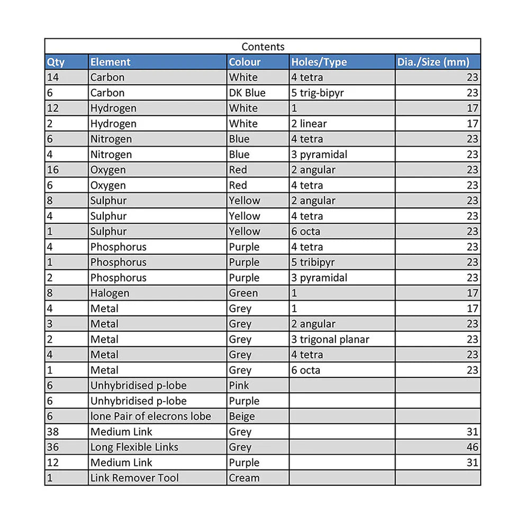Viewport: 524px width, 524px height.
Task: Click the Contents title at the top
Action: point(263,47)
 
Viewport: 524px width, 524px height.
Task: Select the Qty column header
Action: point(56,62)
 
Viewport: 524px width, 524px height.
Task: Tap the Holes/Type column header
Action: point(319,62)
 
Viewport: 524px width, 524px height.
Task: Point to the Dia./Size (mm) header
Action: point(433,62)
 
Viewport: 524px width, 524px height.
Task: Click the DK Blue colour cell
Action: point(247,93)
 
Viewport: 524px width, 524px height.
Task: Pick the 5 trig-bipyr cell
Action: point(318,93)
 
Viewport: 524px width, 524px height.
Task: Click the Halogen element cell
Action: point(110,293)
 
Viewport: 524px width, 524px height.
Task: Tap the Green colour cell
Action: point(243,293)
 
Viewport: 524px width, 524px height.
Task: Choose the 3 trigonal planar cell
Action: point(330,339)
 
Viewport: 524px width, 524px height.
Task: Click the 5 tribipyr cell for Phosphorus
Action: point(313,262)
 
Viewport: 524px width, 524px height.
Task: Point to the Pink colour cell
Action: point(239,385)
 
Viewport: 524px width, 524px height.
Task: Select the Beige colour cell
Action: point(242,416)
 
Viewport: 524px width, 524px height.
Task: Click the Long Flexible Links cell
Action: point(134,447)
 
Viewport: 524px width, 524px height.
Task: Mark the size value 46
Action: point(472,447)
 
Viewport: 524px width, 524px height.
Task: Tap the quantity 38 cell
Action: point(53,431)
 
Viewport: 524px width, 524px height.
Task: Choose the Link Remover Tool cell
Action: point(134,477)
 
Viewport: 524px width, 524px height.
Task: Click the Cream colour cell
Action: point(244,477)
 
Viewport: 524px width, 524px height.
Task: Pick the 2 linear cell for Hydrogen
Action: point(309,123)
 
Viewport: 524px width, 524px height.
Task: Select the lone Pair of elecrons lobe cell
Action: point(150,416)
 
